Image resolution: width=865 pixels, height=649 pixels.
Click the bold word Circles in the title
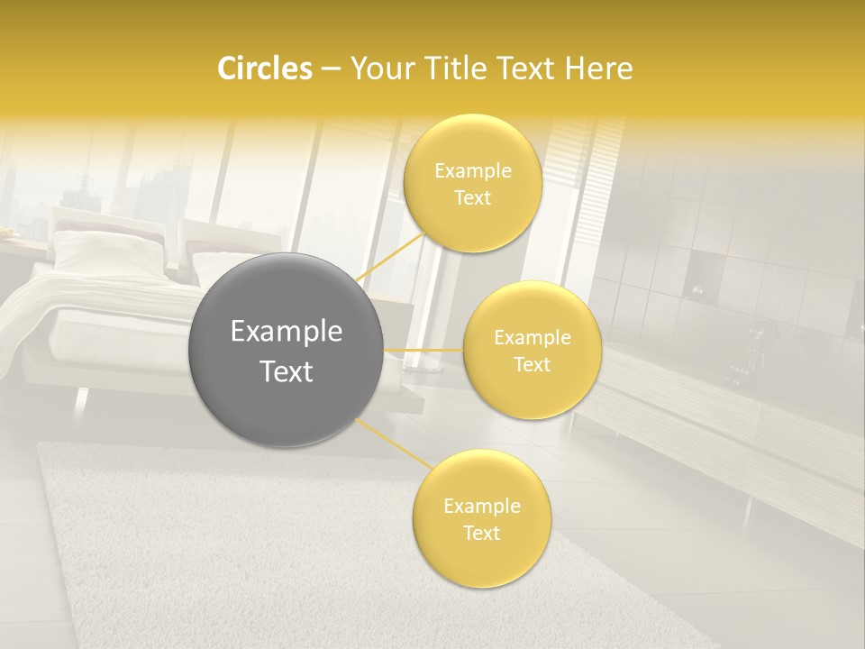pyautogui.click(x=264, y=69)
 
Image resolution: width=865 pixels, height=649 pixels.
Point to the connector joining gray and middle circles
pyautogui.click(x=423, y=350)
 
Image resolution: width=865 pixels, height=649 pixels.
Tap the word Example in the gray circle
pyautogui.click(x=287, y=332)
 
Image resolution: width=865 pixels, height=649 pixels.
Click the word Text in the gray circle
pyautogui.click(x=287, y=370)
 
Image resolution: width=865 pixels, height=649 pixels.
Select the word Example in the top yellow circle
pyautogui.click(x=473, y=171)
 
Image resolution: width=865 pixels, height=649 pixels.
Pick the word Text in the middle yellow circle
pyautogui.click(x=533, y=364)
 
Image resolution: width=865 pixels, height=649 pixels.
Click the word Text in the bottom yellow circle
pyautogui.click(x=482, y=533)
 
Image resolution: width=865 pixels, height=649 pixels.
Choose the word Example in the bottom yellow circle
pyautogui.click(x=482, y=507)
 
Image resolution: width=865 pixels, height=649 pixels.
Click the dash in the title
pyautogui.click(x=330, y=69)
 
